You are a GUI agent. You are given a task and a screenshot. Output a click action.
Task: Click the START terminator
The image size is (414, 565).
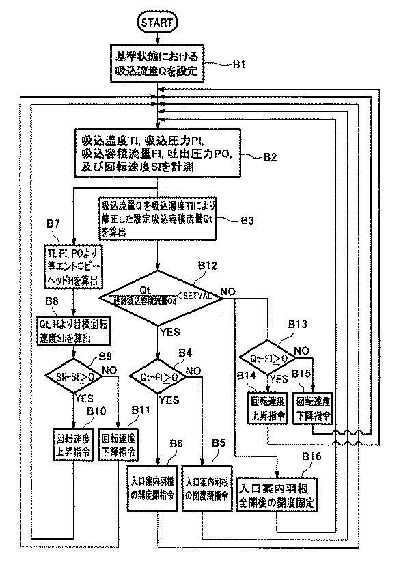click(157, 22)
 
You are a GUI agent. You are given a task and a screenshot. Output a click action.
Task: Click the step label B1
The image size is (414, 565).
click(238, 66)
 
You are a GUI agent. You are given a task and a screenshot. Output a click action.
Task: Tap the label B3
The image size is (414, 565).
click(249, 221)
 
